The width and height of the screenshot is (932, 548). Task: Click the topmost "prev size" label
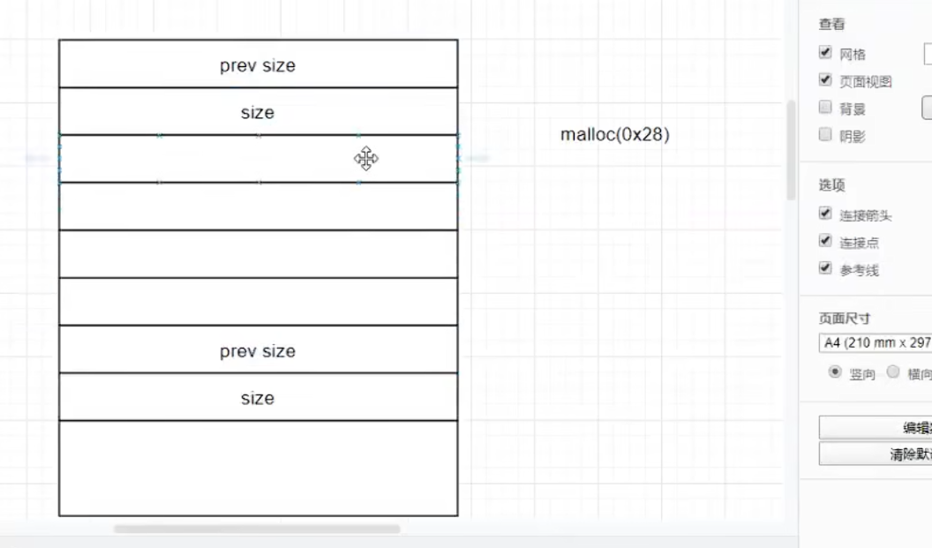click(258, 65)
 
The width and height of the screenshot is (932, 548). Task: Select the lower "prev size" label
click(258, 351)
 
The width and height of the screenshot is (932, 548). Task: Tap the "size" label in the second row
click(258, 113)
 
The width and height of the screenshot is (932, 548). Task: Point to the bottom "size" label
click(258, 398)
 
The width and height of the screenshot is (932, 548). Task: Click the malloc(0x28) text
click(615, 135)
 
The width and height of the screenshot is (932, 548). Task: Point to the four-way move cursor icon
click(366, 159)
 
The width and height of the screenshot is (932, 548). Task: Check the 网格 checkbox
click(825, 53)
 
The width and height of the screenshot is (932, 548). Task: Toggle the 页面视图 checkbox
click(825, 80)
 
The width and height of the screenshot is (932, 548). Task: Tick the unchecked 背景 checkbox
click(825, 108)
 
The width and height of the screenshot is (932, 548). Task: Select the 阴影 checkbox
click(825, 135)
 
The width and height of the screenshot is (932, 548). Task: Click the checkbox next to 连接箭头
click(825, 214)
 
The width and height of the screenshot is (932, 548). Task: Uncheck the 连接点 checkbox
click(825, 241)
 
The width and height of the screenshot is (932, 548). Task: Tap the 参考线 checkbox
click(825, 268)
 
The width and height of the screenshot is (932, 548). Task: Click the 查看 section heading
click(831, 25)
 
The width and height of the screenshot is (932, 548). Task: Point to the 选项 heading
click(831, 185)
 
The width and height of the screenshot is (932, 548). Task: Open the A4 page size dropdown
click(875, 342)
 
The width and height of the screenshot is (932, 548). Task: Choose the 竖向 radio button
click(835, 372)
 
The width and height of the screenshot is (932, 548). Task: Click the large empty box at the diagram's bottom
click(258, 468)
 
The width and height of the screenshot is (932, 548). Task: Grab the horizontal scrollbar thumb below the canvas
click(256, 529)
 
